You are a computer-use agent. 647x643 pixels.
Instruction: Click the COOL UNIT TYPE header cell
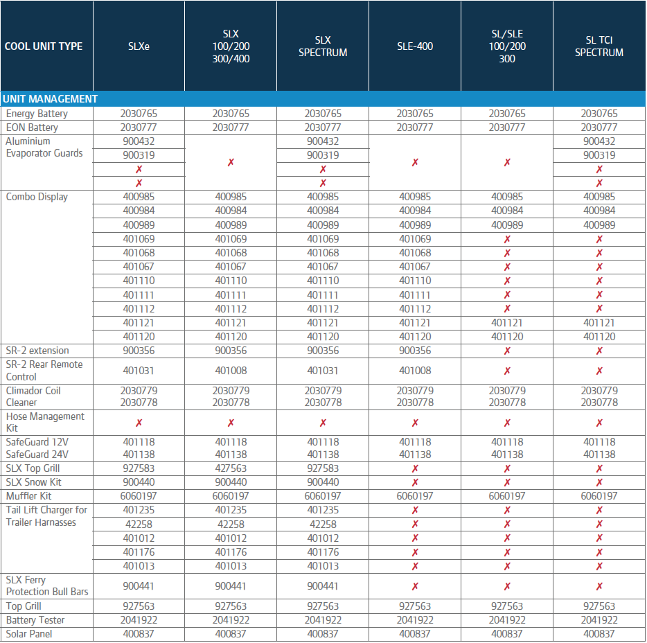pos(44,46)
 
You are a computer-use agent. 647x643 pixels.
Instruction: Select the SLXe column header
pos(139,46)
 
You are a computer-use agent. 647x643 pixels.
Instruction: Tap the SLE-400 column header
pos(415,46)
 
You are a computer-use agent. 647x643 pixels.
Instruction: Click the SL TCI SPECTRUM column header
pos(599,46)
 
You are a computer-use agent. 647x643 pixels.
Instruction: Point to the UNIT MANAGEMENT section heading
pos(50,99)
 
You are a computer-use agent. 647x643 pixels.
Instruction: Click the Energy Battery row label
pos(37,114)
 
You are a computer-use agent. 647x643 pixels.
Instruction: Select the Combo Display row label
pos(37,197)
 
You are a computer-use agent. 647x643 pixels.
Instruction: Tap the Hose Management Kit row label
pos(45,422)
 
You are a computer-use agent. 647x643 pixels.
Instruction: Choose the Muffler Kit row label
pos(28,496)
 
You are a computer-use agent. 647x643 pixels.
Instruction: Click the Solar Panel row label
pos(29,634)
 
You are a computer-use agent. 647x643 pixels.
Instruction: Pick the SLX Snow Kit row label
pos(34,482)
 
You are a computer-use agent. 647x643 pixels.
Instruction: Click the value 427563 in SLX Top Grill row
pos(231,468)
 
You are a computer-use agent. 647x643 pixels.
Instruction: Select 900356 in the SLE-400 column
pos(415,351)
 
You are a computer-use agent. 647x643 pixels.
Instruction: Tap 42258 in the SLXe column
pos(139,525)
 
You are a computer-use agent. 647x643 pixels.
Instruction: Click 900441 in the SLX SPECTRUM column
pos(323,586)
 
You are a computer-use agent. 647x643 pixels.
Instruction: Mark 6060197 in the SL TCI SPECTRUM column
pos(599,496)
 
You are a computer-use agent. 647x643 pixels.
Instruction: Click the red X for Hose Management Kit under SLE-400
pos(415,423)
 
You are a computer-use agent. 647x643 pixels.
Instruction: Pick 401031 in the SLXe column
pos(139,371)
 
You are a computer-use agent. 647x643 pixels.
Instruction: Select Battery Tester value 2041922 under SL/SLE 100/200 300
pos(507,620)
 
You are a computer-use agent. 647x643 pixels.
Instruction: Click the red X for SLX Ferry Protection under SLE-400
pos(415,586)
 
